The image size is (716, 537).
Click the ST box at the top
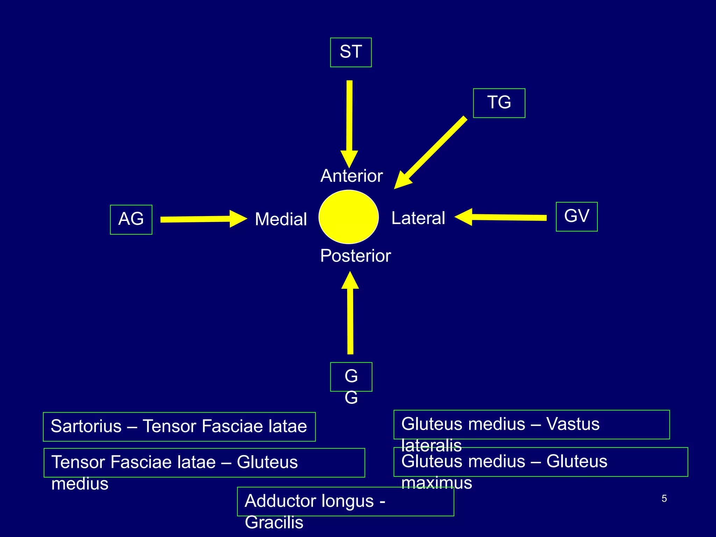[351, 52]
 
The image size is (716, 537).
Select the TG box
[499, 103]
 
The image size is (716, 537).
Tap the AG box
[131, 219]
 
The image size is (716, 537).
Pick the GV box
[577, 216]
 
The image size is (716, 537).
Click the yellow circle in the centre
[349, 217]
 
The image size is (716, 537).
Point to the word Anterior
[351, 176]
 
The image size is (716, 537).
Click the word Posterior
[355, 256]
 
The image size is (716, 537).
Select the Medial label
[281, 219]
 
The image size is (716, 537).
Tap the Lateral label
[418, 218]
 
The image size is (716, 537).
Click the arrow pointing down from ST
[349, 122]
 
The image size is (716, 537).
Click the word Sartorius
[86, 426]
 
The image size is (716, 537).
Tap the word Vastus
[573, 424]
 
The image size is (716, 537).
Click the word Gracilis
[274, 523]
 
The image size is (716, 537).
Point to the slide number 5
[664, 499]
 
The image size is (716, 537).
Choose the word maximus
[437, 483]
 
